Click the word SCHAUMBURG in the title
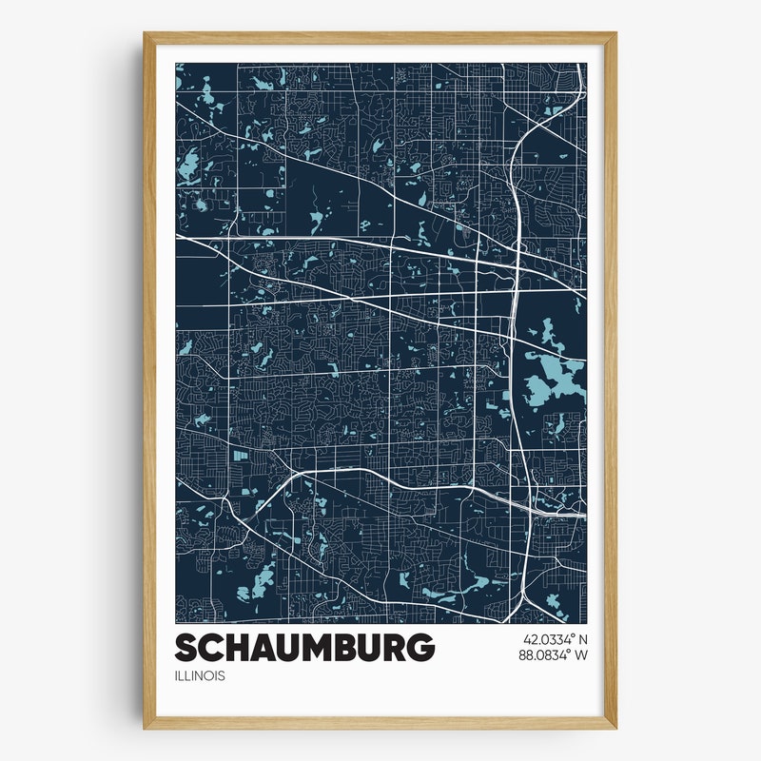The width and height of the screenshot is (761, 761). pyautogui.click(x=304, y=648)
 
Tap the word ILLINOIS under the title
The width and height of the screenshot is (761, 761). pyautogui.click(x=200, y=676)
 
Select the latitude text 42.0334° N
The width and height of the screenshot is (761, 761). pyautogui.click(x=555, y=639)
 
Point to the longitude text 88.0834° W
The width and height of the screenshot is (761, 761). pyautogui.click(x=555, y=655)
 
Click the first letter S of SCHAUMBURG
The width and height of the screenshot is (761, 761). pyautogui.click(x=186, y=648)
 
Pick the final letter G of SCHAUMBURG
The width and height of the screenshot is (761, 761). pyautogui.click(x=421, y=648)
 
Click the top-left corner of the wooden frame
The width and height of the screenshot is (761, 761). pyautogui.click(x=146, y=35)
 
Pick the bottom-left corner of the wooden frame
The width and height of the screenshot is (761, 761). pyautogui.click(x=146, y=727)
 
